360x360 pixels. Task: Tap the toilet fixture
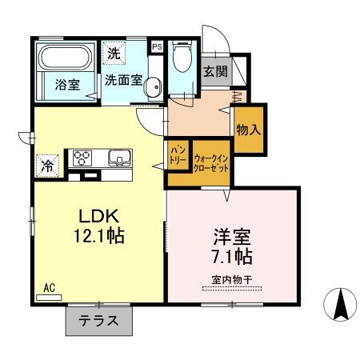(x=182, y=59)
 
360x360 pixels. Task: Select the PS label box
(x=157, y=46)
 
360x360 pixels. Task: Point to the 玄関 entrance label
(x=215, y=72)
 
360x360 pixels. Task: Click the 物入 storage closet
(x=247, y=129)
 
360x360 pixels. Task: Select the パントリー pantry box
(x=178, y=155)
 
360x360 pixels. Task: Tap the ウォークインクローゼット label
(x=210, y=164)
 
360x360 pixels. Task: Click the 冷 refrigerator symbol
(x=47, y=167)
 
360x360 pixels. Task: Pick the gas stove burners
(x=83, y=158)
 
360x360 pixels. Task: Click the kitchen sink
(x=120, y=158)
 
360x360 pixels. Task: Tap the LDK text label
(x=98, y=216)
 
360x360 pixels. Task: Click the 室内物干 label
(x=231, y=279)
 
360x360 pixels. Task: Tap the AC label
(x=47, y=286)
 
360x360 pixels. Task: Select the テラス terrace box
(x=99, y=322)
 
